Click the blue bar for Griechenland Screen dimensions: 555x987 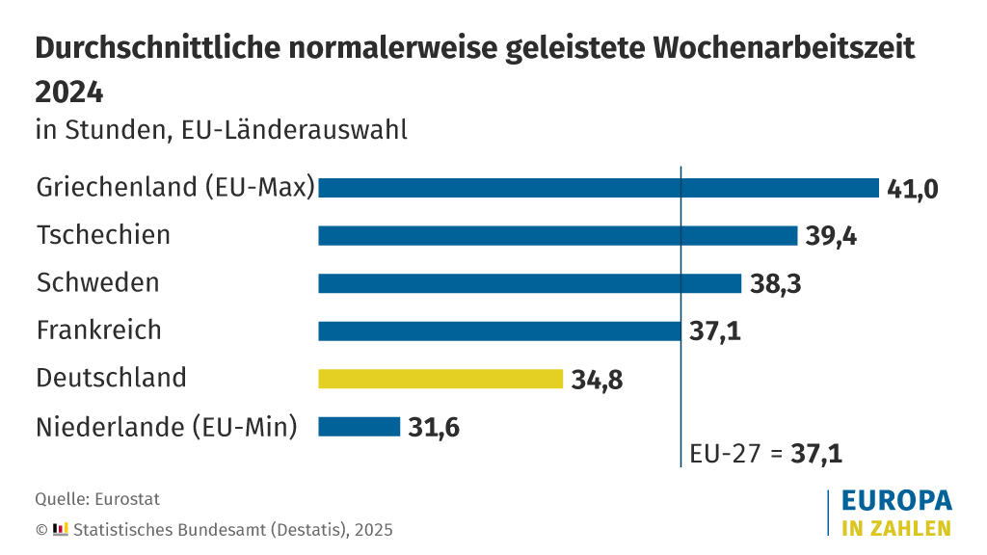(598, 188)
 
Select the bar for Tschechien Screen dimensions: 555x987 (557, 236)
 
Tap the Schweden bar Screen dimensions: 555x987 (529, 283)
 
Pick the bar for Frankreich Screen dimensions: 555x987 (499, 330)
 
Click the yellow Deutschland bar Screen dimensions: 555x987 (440, 379)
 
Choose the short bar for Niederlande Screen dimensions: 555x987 (359, 426)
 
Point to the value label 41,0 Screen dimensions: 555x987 (912, 188)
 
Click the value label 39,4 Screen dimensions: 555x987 (831, 236)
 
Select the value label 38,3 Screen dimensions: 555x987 (775, 283)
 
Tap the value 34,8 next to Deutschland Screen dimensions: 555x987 (597, 379)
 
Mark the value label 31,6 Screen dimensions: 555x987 (434, 426)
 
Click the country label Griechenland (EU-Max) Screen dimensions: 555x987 (175, 187)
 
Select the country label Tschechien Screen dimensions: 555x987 (103, 235)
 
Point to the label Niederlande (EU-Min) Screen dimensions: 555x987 (166, 426)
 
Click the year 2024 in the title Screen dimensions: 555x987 (68, 92)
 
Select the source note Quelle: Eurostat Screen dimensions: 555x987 (97, 499)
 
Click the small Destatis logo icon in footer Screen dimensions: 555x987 (61, 529)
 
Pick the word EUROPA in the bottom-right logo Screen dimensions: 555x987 (896, 501)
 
